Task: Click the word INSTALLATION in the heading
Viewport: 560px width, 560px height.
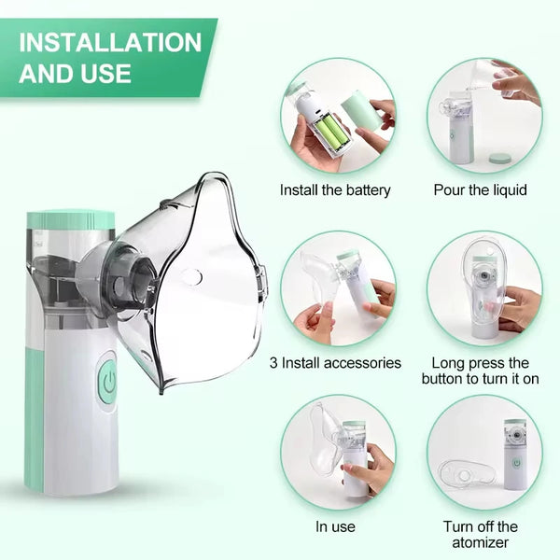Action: (x=110, y=43)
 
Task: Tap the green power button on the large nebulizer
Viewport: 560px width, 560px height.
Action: (x=107, y=381)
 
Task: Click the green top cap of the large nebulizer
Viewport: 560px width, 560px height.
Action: (x=71, y=220)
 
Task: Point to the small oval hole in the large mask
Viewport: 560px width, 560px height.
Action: (x=191, y=276)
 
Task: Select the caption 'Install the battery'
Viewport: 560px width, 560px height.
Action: (x=335, y=190)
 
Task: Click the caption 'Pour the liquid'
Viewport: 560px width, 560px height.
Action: (x=481, y=190)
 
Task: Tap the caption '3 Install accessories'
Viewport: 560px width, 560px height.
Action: (x=335, y=362)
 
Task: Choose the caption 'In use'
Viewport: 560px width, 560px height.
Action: (x=335, y=526)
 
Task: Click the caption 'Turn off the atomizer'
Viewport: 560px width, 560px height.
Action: (x=481, y=534)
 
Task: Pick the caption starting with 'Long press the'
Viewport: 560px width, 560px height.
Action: (x=481, y=362)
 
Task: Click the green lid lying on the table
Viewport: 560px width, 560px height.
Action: (x=501, y=158)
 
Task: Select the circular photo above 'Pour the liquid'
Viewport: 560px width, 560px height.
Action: (x=483, y=115)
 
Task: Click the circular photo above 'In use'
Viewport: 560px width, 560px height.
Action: (x=337, y=452)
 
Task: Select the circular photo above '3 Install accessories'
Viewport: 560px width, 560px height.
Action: (x=337, y=288)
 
